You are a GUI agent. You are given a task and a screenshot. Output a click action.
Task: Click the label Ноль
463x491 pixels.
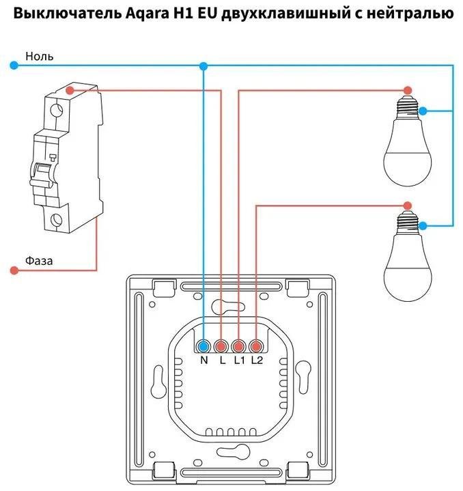(x=40, y=56)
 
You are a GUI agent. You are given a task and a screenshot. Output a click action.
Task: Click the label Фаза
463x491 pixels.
(x=39, y=260)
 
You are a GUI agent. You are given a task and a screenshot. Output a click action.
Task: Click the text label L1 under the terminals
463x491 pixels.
(x=238, y=360)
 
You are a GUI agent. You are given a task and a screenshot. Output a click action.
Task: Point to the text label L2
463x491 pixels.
(x=256, y=360)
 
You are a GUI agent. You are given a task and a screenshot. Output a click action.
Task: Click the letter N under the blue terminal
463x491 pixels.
(x=204, y=360)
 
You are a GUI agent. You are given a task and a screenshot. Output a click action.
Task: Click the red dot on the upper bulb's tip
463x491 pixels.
(x=408, y=90)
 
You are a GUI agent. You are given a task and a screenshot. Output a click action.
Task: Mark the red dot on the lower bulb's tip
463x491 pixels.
(x=408, y=204)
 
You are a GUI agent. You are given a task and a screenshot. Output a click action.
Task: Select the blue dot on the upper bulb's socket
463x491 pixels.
(x=423, y=111)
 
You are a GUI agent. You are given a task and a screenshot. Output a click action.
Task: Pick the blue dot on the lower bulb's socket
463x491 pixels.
(x=423, y=225)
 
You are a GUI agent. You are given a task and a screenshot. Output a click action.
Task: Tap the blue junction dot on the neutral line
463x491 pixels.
(x=203, y=66)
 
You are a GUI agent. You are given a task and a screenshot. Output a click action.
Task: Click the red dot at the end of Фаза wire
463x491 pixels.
(x=14, y=270)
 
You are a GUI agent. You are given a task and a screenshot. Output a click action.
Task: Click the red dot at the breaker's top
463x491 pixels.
(x=70, y=90)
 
